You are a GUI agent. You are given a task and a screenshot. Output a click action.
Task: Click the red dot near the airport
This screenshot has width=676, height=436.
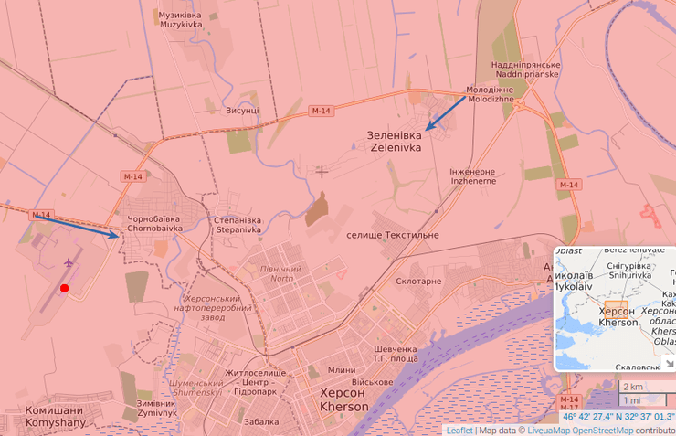coord(64,288)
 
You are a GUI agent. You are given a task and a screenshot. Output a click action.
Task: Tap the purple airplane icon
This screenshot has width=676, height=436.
coord(69,262)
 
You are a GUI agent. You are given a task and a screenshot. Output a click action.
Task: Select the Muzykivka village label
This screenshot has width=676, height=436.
coord(180,19)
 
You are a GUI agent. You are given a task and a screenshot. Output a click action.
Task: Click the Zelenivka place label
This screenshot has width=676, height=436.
coord(395,141)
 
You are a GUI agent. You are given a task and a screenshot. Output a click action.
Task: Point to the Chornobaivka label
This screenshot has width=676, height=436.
coord(155,224)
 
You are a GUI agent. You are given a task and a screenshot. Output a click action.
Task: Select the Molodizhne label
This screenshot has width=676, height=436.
coord(491,94)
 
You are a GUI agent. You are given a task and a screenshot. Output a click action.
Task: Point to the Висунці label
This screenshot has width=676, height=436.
coord(242,110)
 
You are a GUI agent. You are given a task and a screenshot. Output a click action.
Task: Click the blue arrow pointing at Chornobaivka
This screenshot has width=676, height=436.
coord(78,226)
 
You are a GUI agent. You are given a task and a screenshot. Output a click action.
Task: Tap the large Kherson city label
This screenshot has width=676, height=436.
coord(344,399)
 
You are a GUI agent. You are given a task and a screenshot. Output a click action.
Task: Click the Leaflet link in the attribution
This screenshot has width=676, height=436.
coord(459,430)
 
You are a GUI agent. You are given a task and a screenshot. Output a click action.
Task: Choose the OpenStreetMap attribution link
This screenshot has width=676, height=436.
coord(602,430)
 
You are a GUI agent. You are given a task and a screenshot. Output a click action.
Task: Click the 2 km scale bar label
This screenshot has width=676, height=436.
coord(632,386)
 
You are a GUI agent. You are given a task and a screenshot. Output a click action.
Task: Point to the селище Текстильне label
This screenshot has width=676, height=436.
coord(393,235)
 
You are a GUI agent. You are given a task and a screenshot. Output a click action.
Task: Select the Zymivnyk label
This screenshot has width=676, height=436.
coord(156,408)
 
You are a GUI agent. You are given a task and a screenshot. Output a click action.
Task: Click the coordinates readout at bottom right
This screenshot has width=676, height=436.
coord(618,417)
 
